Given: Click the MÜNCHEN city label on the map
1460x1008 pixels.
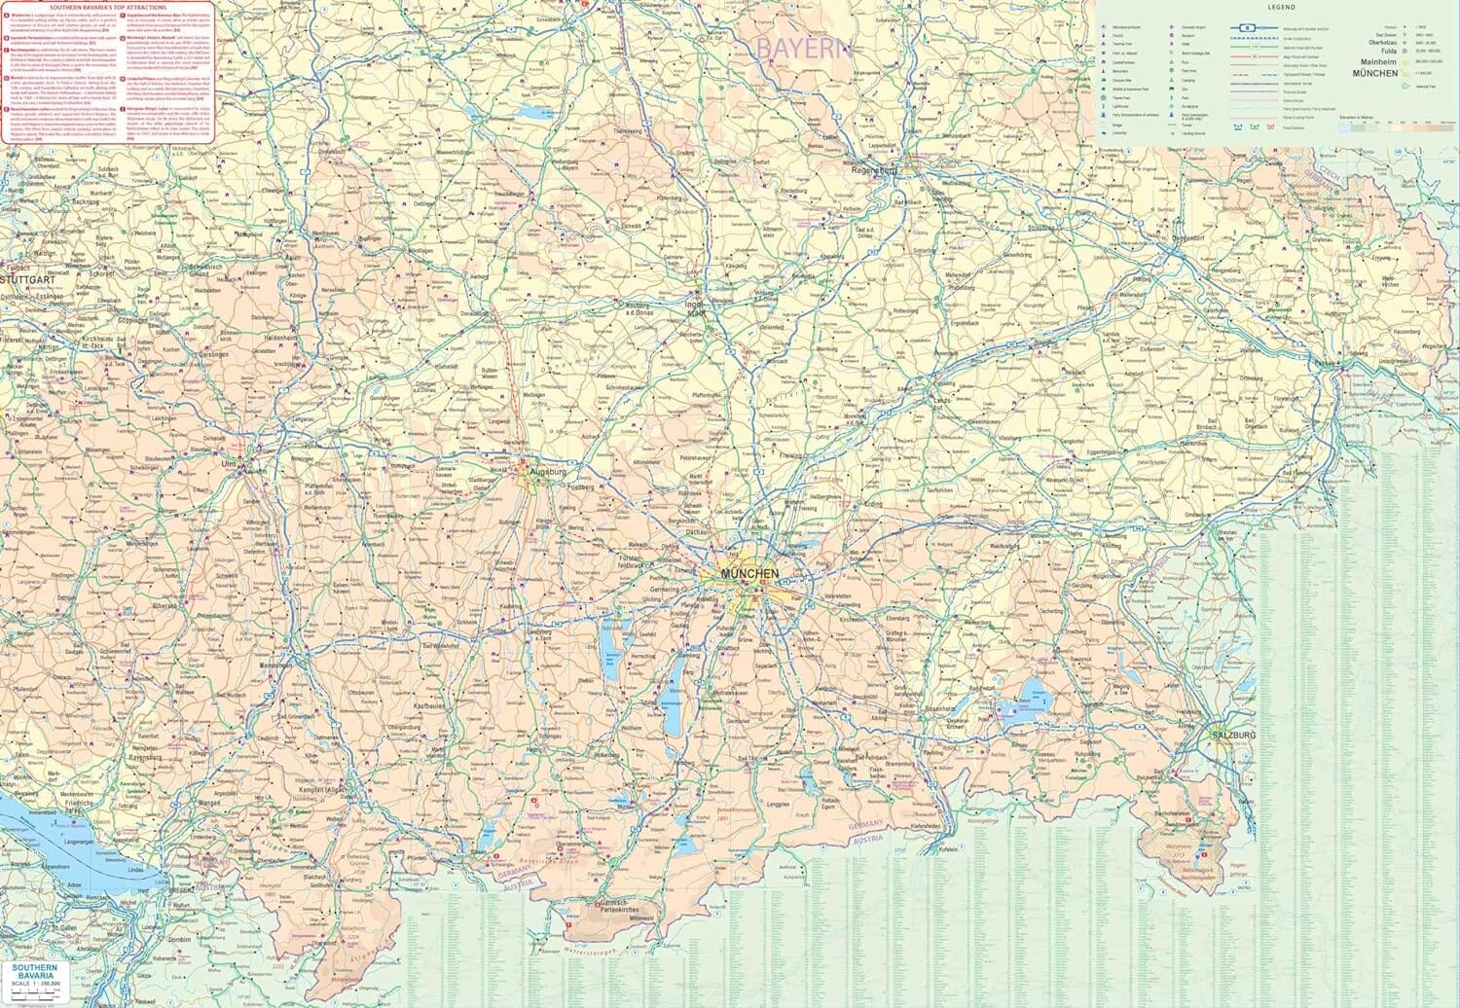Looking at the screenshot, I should coord(748,574).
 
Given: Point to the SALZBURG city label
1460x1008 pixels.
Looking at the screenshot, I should coord(1232,735).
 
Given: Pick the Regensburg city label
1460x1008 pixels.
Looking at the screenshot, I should coord(872,168).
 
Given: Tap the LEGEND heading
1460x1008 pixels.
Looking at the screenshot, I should coord(1281,7).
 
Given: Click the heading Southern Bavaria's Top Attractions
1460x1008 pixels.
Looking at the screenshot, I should coord(108,7).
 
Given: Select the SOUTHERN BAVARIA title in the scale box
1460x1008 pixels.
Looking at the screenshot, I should coord(35,971).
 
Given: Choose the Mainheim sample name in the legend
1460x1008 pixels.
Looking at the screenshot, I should coord(1378,62).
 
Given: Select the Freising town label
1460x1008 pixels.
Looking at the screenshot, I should coord(789,455).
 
